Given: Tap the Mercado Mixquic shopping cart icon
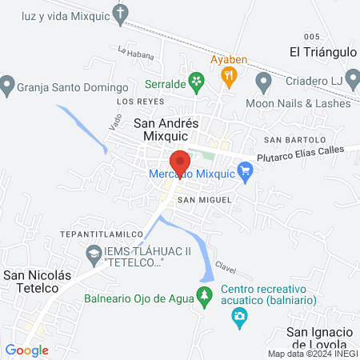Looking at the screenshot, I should [246, 170].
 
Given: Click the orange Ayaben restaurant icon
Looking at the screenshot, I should [230, 77].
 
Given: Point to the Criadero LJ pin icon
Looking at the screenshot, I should [264, 82].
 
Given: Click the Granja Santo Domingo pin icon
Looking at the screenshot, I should [8, 83].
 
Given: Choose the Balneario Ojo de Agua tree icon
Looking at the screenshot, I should [205, 295].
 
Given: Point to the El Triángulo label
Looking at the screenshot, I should [322, 52].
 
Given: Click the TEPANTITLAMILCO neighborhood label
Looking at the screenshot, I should [100, 234].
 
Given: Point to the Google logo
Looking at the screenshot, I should [26, 350].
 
